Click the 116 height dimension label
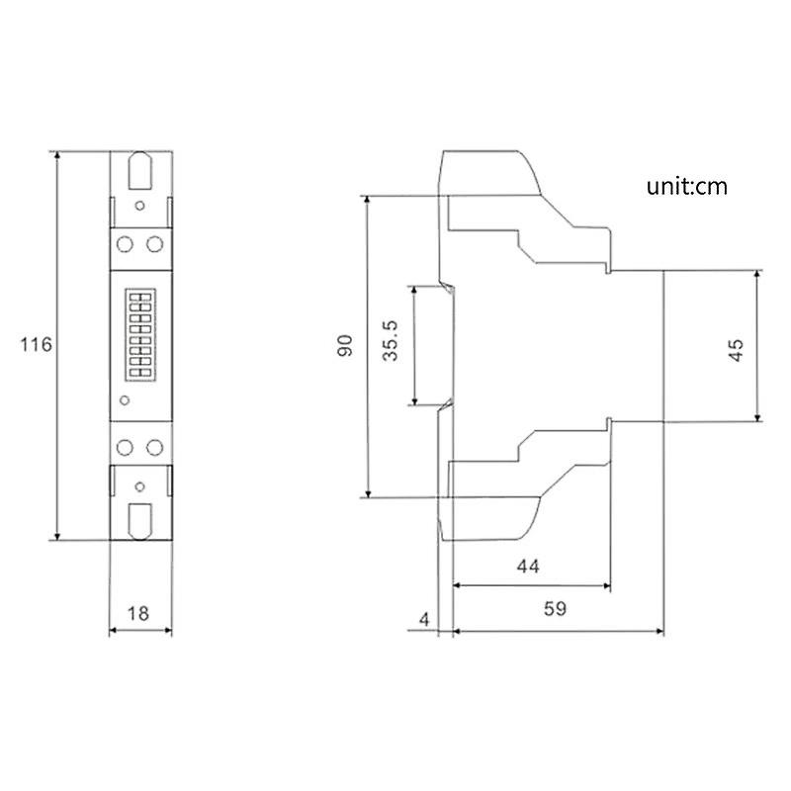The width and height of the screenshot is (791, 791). click(36, 345)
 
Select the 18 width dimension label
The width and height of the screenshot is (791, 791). click(138, 613)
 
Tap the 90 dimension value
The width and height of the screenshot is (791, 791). click(345, 346)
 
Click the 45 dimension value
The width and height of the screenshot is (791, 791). click(736, 349)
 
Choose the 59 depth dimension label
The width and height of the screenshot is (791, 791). click(555, 609)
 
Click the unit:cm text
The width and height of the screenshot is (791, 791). click(687, 186)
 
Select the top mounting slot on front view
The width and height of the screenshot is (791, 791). click(139, 169)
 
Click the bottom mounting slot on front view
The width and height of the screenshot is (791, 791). click(139, 519)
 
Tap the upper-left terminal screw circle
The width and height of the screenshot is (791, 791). click(126, 242)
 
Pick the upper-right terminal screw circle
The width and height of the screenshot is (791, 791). click(154, 242)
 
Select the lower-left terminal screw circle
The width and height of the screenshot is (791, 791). click(126, 448)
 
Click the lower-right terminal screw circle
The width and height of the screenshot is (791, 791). click(154, 448)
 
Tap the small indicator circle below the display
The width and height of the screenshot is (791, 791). click(125, 400)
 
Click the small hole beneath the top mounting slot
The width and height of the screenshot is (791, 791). click(139, 206)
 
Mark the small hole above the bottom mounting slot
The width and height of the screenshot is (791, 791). click(139, 485)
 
